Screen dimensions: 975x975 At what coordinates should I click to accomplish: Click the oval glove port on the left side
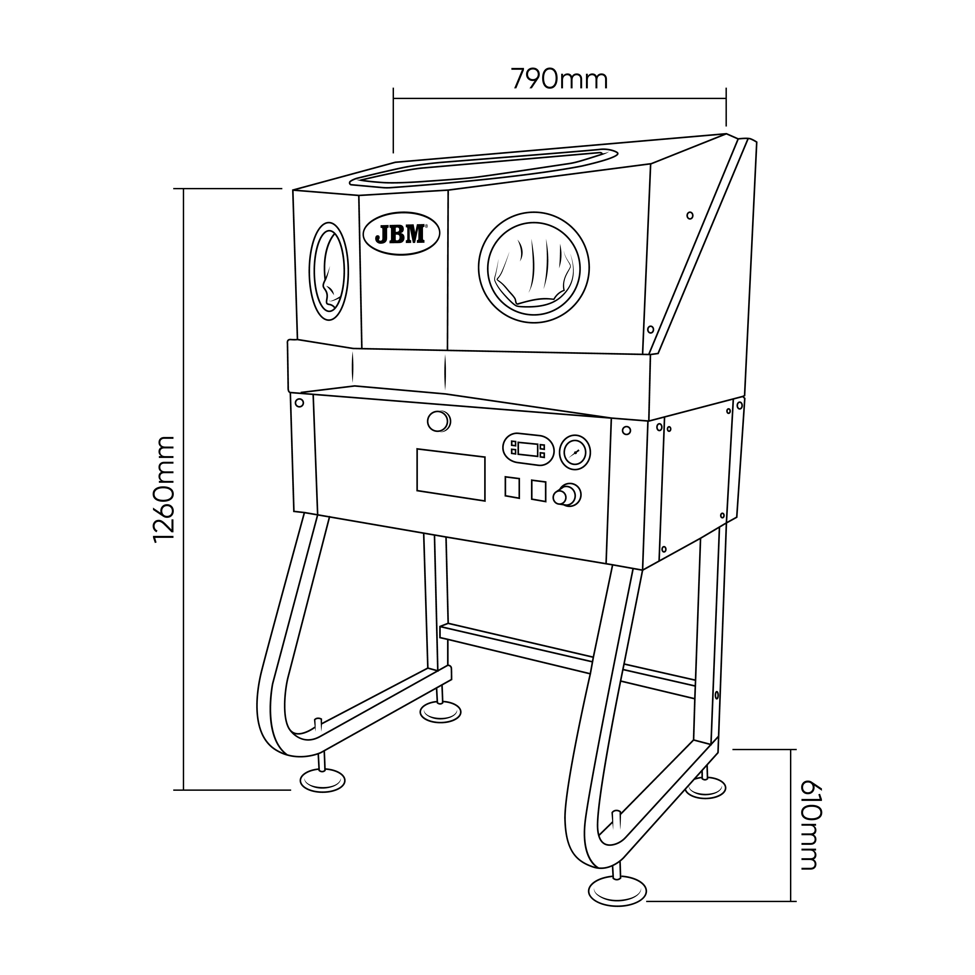click(x=329, y=271)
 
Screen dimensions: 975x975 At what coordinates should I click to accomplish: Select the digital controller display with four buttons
click(x=528, y=448)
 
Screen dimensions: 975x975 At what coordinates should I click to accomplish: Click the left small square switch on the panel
click(x=512, y=488)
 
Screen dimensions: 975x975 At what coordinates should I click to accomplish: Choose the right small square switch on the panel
click(x=538, y=490)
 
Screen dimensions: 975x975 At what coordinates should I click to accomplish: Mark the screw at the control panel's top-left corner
click(x=299, y=403)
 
